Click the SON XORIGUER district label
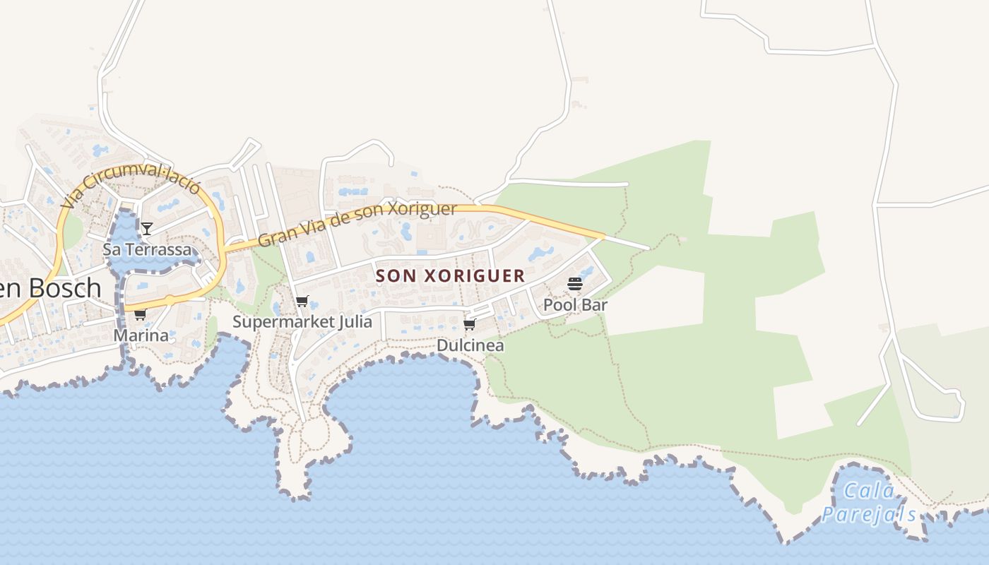(x=451, y=275)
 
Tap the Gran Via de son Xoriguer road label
(x=357, y=224)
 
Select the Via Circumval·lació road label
(x=131, y=186)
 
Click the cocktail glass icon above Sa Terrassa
(x=146, y=228)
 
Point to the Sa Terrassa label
(x=147, y=249)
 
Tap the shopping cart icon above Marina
(x=140, y=314)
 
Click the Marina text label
(x=141, y=335)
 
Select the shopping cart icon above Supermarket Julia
(x=302, y=302)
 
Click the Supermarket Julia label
(x=302, y=322)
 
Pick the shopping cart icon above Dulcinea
(x=470, y=324)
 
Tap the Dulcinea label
(x=470, y=345)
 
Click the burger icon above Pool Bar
(x=575, y=285)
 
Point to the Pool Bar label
(x=575, y=305)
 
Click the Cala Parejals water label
(x=870, y=502)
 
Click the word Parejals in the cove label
(x=870, y=514)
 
